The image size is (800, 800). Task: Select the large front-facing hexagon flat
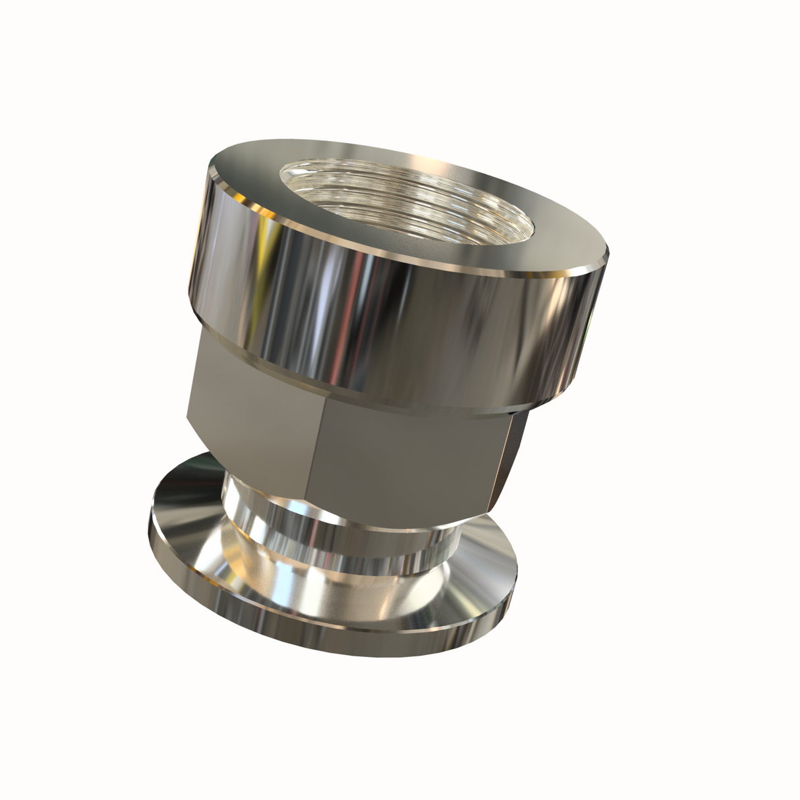click(x=409, y=455)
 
